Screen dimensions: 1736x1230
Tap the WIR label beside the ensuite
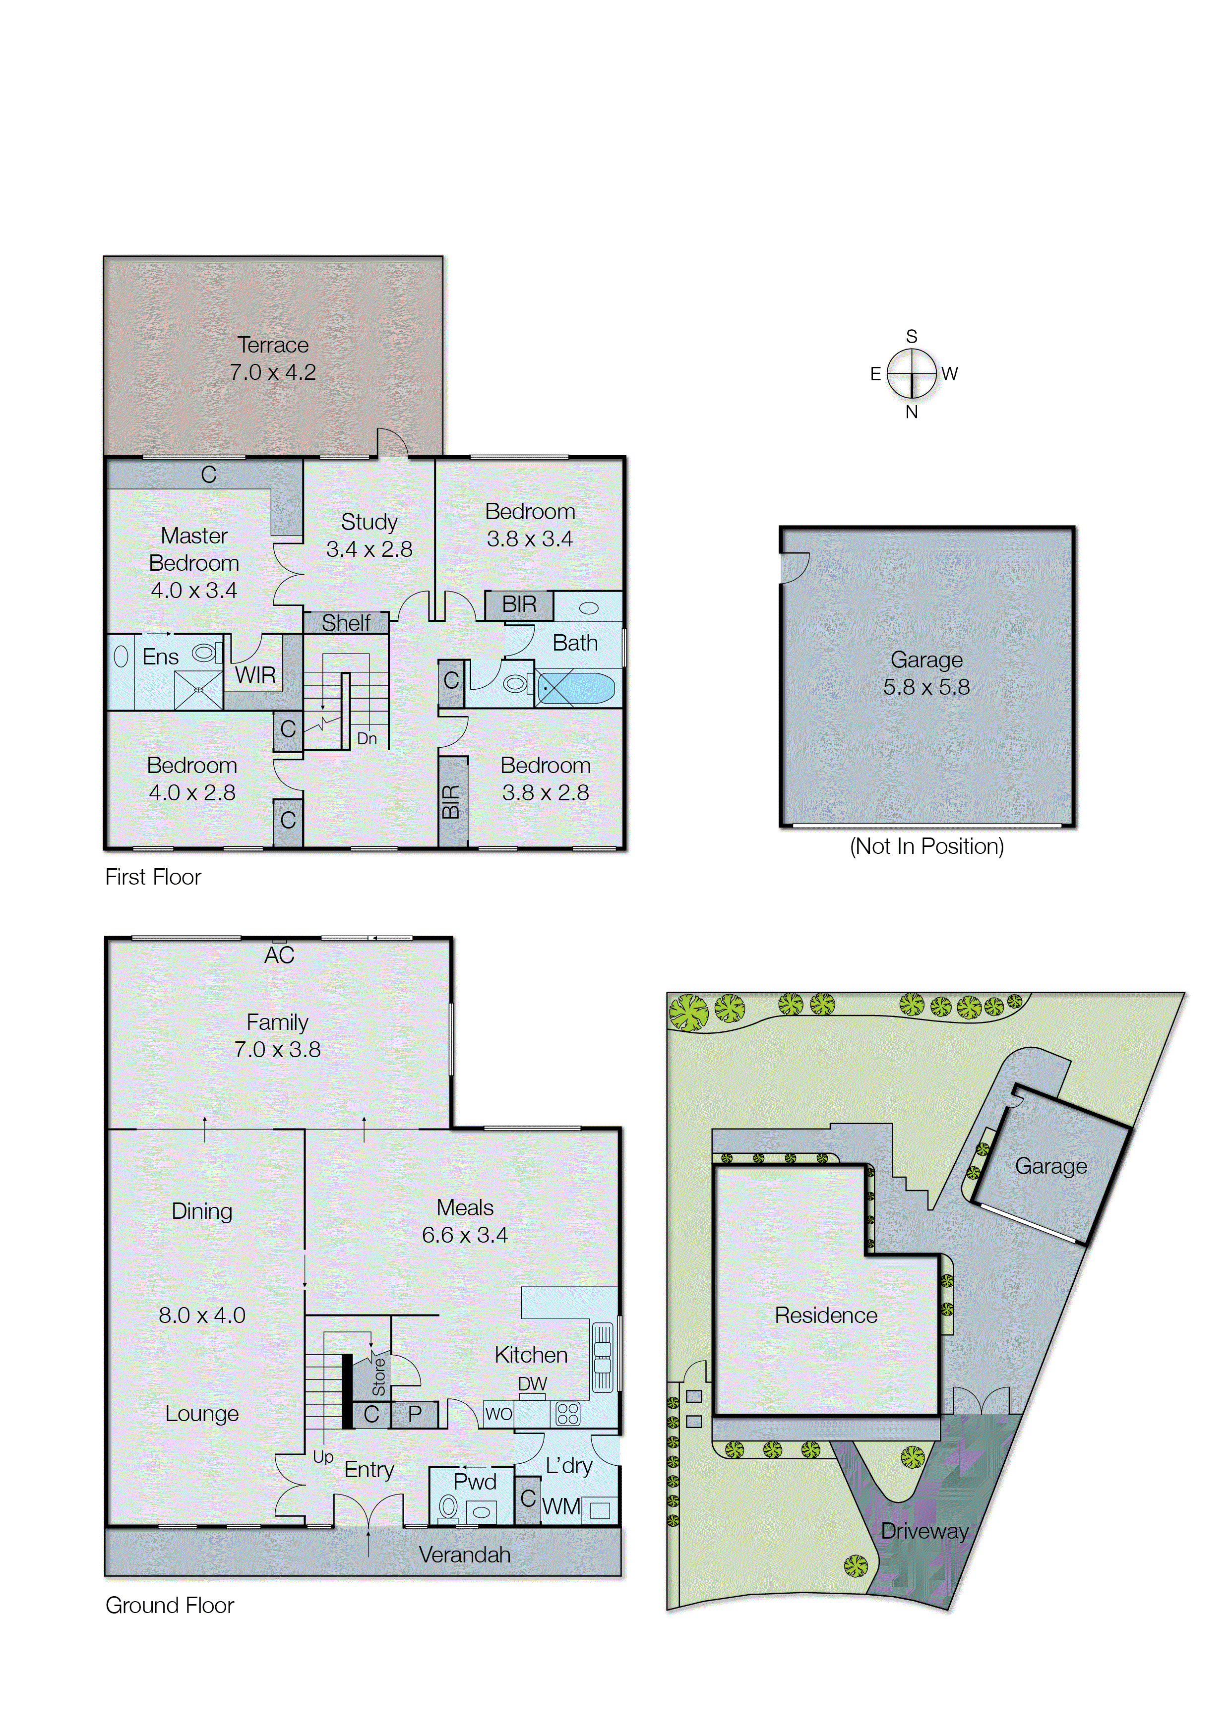(x=255, y=674)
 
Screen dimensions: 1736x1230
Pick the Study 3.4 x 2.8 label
(x=369, y=535)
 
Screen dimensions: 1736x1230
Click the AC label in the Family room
(x=279, y=956)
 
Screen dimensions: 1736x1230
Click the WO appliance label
(x=498, y=1414)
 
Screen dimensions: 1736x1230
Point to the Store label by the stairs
(x=379, y=1377)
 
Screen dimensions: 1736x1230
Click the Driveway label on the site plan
(x=924, y=1531)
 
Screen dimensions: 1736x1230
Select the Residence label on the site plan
(x=826, y=1315)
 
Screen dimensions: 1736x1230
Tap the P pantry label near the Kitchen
(x=414, y=1414)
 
